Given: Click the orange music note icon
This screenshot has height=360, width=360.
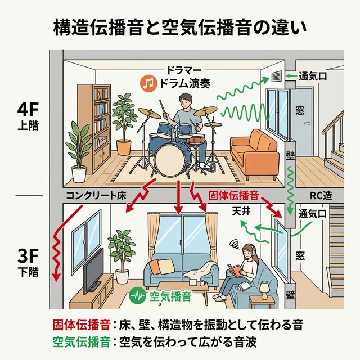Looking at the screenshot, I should click(x=147, y=84).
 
